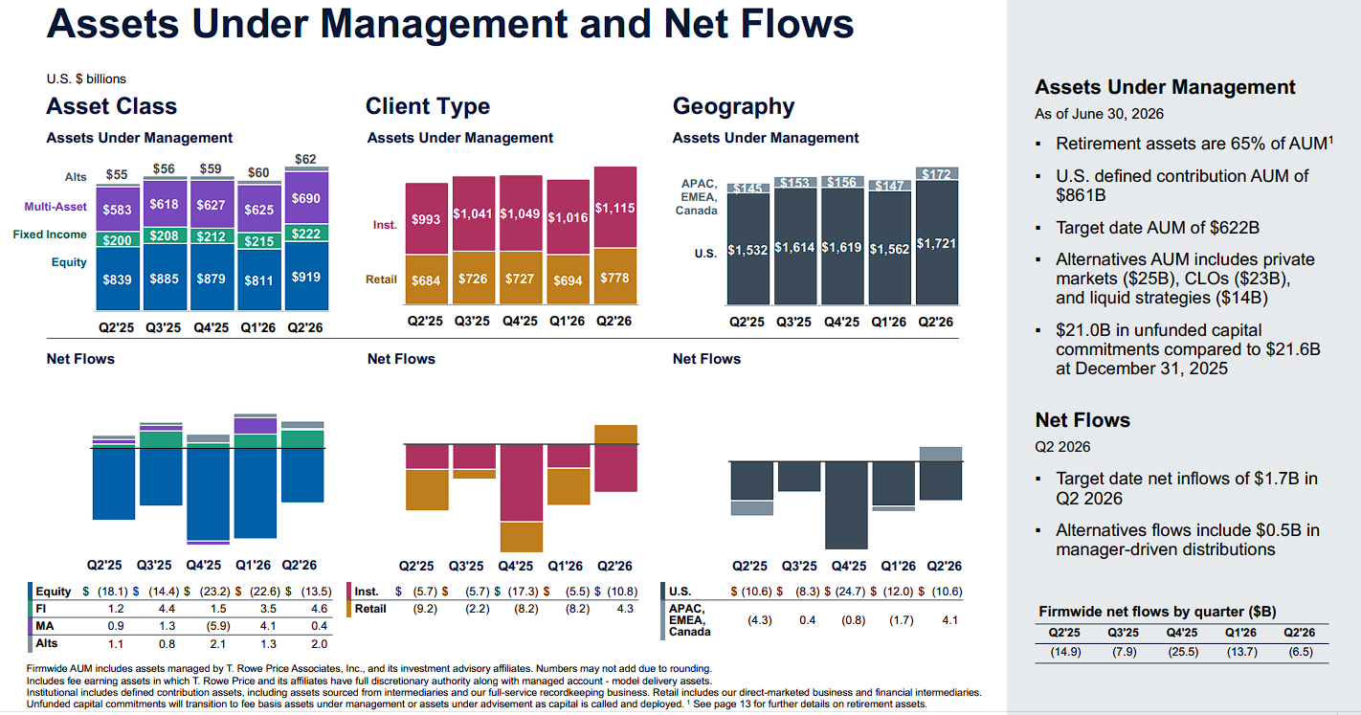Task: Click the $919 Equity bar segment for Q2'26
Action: (x=306, y=277)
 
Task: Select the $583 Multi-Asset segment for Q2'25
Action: (x=118, y=210)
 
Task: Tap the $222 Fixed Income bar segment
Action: (x=306, y=234)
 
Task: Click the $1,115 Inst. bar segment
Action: (x=615, y=207)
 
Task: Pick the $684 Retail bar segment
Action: (x=427, y=279)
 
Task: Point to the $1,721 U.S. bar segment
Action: (x=937, y=242)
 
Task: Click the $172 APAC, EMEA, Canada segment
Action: (x=937, y=174)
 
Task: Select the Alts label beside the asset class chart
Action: (x=76, y=177)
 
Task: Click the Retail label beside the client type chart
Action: (x=381, y=279)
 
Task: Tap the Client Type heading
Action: (x=428, y=106)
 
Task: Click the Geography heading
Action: (x=733, y=106)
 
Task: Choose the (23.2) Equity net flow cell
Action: (x=214, y=592)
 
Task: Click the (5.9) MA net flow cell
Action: (x=217, y=626)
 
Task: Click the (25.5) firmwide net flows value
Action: (x=1182, y=652)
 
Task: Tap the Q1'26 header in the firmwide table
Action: (x=1240, y=633)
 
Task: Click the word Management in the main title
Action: (x=443, y=24)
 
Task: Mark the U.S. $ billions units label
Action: (x=86, y=79)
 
